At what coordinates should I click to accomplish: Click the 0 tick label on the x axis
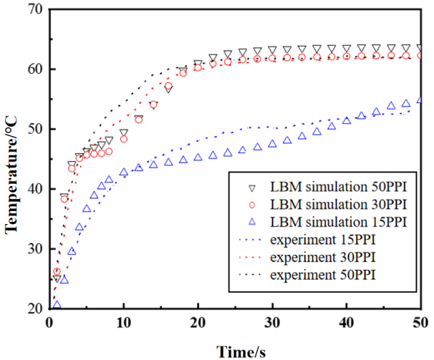[50, 324]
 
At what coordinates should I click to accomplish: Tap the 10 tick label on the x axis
[124, 324]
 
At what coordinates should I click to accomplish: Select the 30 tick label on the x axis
[272, 324]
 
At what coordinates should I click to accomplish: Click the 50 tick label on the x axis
[420, 324]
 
